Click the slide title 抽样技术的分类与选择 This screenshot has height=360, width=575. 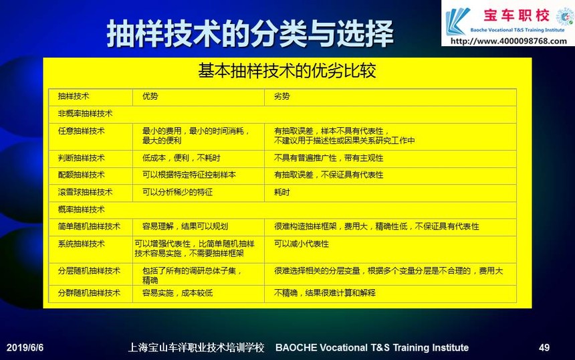(x=250, y=33)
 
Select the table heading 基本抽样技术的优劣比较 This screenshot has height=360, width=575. (x=287, y=70)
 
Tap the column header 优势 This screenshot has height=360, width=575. (x=150, y=96)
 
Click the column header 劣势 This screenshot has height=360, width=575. (x=281, y=96)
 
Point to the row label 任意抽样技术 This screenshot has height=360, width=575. (x=82, y=131)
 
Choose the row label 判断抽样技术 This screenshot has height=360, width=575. (x=82, y=158)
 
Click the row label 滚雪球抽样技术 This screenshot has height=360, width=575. (x=85, y=192)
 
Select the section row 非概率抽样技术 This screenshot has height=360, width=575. (x=85, y=114)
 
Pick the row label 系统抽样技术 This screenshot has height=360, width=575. (x=82, y=244)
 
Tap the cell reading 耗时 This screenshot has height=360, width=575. (x=281, y=192)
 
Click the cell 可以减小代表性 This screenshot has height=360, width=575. (x=302, y=244)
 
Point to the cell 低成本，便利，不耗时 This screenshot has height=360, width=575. (x=181, y=158)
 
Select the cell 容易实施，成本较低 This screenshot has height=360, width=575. (x=177, y=293)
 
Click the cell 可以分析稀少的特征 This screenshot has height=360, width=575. (x=177, y=192)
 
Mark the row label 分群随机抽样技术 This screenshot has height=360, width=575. (x=89, y=293)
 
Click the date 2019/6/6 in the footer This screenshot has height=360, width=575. (x=25, y=347)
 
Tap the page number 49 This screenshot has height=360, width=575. (x=544, y=347)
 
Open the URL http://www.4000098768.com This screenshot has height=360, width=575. (x=509, y=41)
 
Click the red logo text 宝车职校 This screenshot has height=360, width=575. (x=516, y=16)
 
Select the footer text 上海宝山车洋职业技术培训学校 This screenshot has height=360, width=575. (x=196, y=347)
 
